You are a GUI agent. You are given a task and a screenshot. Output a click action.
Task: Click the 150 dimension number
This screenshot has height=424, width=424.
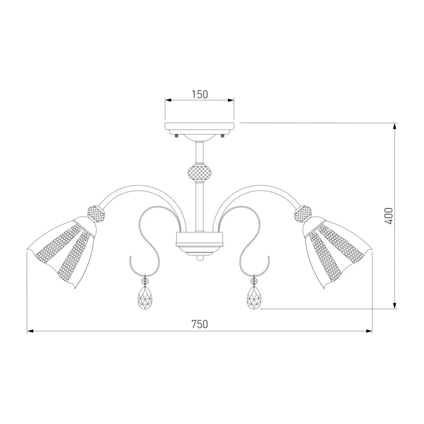coord(200,94)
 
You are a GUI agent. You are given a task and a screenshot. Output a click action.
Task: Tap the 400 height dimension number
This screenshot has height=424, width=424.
coord(388,216)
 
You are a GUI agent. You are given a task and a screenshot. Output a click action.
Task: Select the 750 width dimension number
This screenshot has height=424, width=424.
coord(200,324)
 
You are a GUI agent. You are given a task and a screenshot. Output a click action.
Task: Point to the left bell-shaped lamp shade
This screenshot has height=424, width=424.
coord(61,251)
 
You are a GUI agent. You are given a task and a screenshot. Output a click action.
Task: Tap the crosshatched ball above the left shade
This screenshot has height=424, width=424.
coord(96,214)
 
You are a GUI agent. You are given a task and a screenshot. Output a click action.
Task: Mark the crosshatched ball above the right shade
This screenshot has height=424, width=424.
coord(304,214)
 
